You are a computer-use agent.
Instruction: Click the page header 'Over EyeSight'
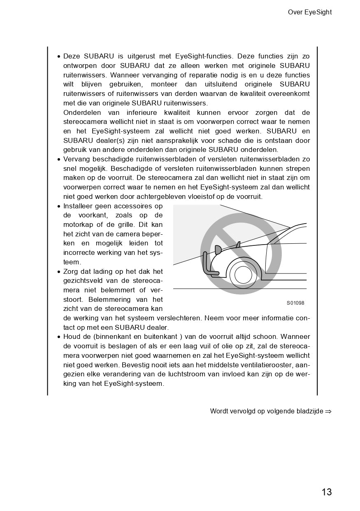click(x=309, y=12)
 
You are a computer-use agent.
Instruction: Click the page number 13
click(x=326, y=492)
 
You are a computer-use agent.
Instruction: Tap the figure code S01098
click(x=295, y=303)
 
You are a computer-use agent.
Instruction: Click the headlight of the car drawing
click(x=218, y=249)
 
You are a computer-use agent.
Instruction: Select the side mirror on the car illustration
click(x=238, y=244)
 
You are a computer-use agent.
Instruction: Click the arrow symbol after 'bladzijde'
click(x=328, y=411)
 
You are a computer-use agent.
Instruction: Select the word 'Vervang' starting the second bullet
click(x=77, y=159)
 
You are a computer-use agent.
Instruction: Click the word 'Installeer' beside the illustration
click(x=77, y=206)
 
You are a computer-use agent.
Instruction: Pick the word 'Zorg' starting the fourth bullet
click(x=71, y=272)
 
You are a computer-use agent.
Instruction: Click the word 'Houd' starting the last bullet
click(x=72, y=337)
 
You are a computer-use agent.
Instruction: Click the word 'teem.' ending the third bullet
click(x=72, y=262)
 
